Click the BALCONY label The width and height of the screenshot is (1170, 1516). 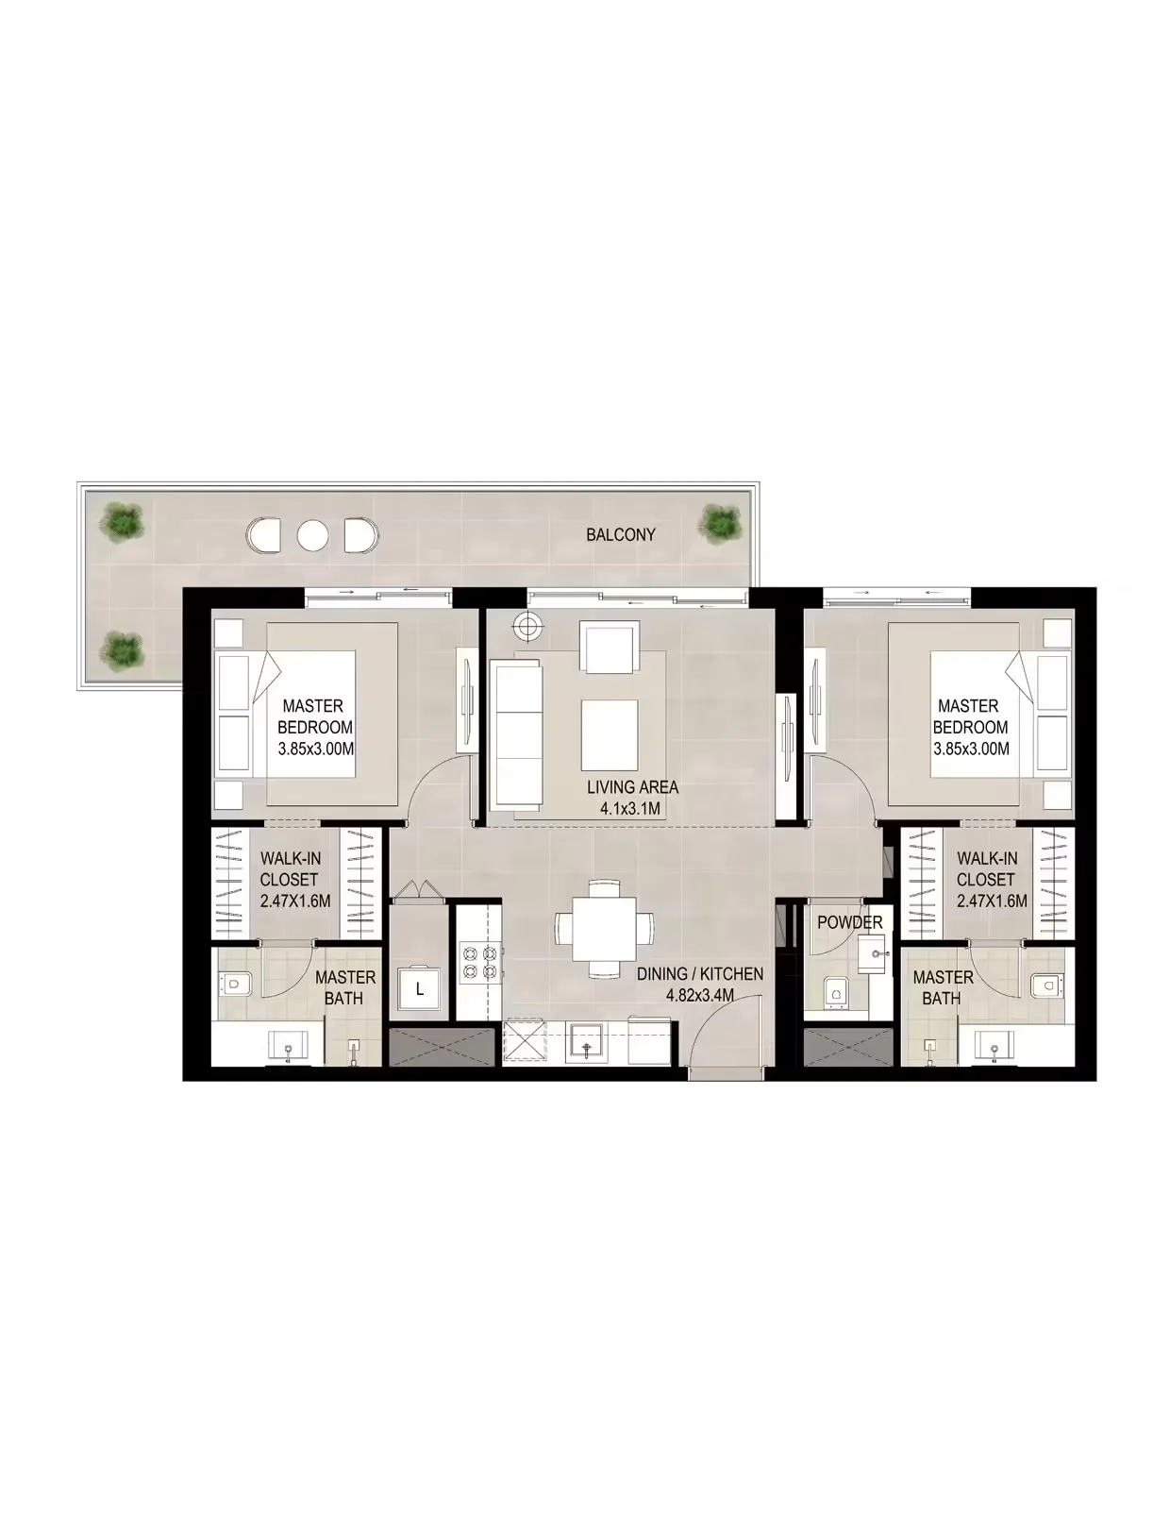(x=621, y=535)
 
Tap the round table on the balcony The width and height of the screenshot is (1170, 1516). (x=312, y=536)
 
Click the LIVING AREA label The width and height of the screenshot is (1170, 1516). (x=632, y=787)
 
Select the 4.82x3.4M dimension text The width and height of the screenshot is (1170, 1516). (x=699, y=996)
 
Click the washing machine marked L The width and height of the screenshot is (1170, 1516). (x=418, y=987)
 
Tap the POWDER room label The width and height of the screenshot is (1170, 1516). (x=849, y=922)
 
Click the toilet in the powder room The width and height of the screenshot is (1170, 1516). (x=835, y=993)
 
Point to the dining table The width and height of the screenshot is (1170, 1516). (x=604, y=928)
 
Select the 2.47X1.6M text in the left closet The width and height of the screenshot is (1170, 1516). (x=295, y=901)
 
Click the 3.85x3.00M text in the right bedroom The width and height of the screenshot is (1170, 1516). (x=971, y=749)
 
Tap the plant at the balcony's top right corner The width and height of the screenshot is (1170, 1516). (x=720, y=524)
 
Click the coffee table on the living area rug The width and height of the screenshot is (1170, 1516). (x=610, y=732)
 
